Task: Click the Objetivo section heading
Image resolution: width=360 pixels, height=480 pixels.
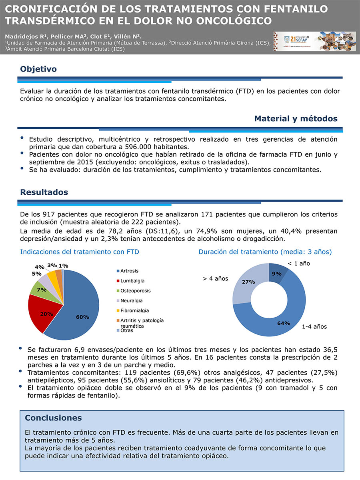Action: [x=38, y=69]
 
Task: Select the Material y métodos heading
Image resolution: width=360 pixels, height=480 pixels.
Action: [x=296, y=119]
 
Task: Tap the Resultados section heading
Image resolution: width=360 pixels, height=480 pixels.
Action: [x=44, y=192]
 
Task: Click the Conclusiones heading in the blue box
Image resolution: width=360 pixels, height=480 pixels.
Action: [x=53, y=418]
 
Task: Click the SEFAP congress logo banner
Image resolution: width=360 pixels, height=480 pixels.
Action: [x=314, y=42]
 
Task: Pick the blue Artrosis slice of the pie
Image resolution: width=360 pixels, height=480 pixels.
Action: [x=80, y=308]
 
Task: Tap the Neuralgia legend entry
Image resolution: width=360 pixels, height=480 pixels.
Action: [x=131, y=300]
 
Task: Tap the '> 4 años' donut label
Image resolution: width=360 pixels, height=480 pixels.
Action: [x=216, y=278]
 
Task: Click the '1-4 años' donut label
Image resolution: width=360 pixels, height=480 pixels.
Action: [x=314, y=327]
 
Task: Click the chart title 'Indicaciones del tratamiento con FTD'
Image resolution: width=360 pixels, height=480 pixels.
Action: [x=80, y=252]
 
